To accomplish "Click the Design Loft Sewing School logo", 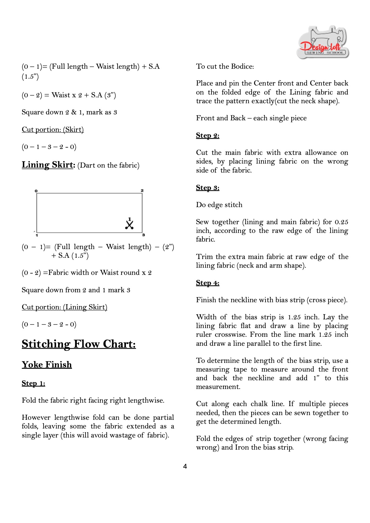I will tap(323, 43).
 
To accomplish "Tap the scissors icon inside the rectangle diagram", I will tap(129, 224).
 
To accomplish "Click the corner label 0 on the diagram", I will tap(36, 191).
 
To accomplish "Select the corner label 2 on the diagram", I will tap(142, 190).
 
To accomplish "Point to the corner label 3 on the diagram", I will tap(143, 235).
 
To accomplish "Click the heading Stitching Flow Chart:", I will tap(79, 344).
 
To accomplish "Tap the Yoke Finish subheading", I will tap(47, 364).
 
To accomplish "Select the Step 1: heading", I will tap(33, 383).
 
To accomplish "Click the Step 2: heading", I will tap(207, 135).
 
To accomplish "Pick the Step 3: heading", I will tap(207, 187).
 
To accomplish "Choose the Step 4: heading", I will tap(207, 283).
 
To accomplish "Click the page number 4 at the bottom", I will tap(185, 466).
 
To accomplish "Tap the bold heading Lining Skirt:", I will tap(48, 164).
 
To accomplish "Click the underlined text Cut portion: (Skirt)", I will tap(53, 129).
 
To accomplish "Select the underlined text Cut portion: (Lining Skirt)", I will tap(64, 307).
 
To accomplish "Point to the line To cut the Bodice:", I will tap(225, 66).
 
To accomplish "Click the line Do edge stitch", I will tap(219, 205).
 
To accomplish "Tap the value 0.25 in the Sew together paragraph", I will tap(341, 222).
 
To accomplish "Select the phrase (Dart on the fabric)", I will tap(108, 165).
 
